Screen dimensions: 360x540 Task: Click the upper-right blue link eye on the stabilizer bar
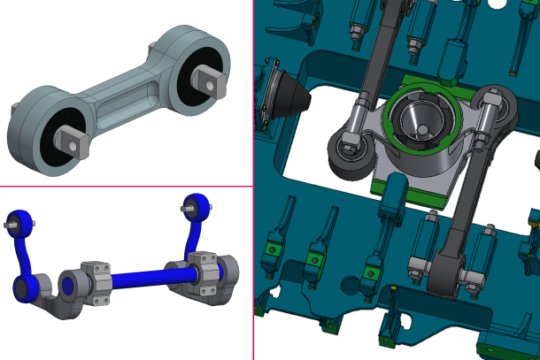(197, 205)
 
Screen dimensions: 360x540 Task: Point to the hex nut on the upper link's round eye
(348, 142)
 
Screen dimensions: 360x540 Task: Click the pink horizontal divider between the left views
(127, 187)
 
